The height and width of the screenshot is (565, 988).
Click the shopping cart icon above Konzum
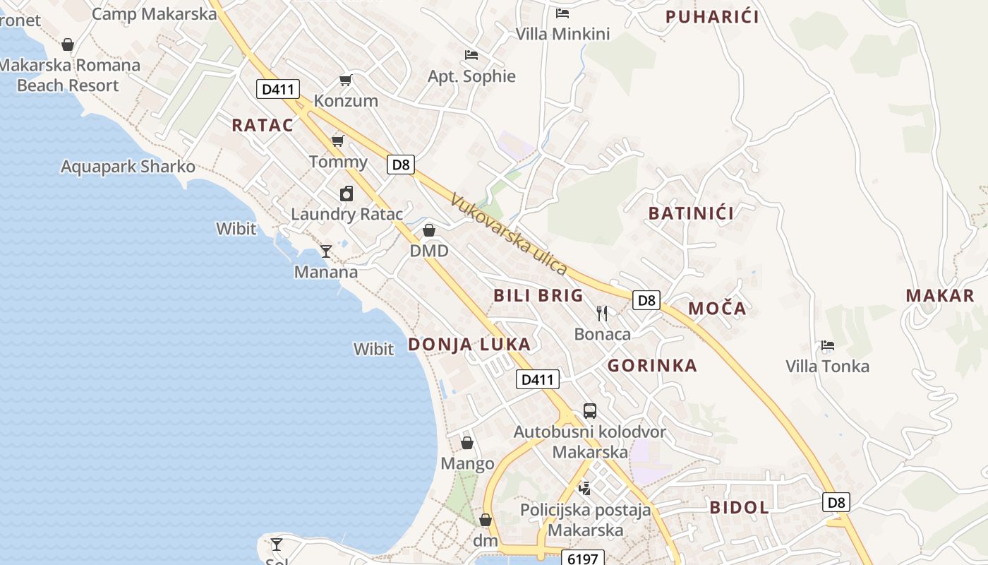pos(345,80)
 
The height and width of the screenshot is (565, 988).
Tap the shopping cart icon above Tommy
pos(338,141)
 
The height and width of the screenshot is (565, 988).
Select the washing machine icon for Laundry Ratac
pos(347,194)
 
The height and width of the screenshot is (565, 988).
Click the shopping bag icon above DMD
pos(429,230)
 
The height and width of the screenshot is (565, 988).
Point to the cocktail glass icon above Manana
pos(326,251)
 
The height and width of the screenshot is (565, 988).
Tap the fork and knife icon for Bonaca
pos(602,313)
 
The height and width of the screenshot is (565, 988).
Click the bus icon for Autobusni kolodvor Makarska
pos(590,410)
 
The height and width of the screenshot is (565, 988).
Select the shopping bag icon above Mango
pos(467,443)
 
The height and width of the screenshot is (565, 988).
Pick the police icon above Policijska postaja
pos(585,487)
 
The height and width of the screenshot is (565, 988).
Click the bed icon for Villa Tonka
pos(828,345)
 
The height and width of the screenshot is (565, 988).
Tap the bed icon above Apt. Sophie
pos(471,54)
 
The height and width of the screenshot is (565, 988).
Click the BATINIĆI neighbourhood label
pos(691,213)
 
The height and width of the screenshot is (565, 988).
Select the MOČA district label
pos(717,308)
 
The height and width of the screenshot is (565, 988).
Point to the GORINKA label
pos(652,365)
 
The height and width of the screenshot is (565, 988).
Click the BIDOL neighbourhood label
pos(739,507)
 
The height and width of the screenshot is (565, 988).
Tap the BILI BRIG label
pos(538,295)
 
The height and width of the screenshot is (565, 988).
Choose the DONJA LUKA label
pos(469,344)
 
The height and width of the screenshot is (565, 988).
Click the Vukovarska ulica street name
pos(508,234)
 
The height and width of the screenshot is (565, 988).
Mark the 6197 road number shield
pos(583,559)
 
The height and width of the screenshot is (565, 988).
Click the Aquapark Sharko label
pos(128,167)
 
